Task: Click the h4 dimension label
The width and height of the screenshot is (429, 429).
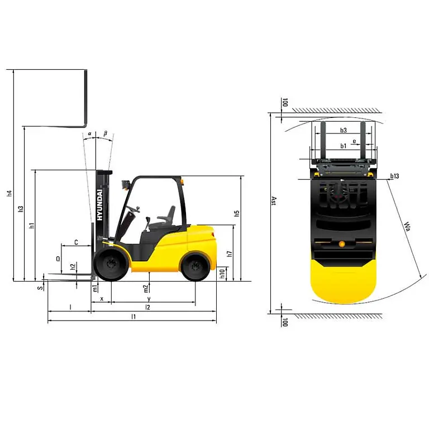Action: click(x=9, y=194)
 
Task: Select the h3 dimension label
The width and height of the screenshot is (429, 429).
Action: click(x=21, y=209)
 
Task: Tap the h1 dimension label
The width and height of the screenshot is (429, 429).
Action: click(x=32, y=226)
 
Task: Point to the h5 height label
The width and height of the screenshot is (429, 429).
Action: click(x=237, y=213)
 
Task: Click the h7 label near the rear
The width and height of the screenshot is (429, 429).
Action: click(x=229, y=254)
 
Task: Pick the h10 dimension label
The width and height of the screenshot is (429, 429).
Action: click(x=222, y=274)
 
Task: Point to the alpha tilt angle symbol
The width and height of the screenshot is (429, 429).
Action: click(x=90, y=134)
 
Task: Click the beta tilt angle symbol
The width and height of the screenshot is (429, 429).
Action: click(x=104, y=134)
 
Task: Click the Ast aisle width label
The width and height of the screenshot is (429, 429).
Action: click(x=274, y=201)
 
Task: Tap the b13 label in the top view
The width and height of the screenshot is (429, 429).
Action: click(x=394, y=177)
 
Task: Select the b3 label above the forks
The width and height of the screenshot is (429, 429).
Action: click(x=344, y=131)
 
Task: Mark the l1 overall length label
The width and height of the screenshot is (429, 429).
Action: click(x=133, y=316)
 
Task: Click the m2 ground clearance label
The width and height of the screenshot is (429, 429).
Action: click(x=146, y=288)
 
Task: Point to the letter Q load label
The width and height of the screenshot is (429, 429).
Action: click(x=58, y=259)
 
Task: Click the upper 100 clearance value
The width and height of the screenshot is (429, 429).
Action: click(x=284, y=102)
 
